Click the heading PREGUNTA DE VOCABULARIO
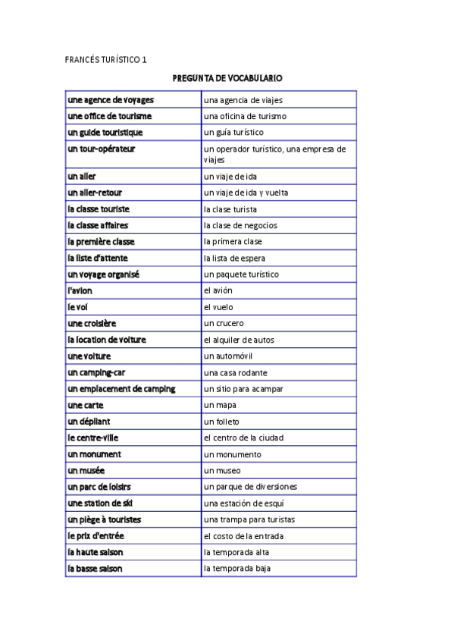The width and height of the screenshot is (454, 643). (227, 78)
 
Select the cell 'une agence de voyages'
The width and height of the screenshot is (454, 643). (111, 100)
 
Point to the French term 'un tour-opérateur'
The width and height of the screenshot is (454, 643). (102, 149)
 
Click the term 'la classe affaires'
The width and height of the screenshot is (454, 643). (98, 225)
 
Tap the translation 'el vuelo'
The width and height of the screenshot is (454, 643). (219, 307)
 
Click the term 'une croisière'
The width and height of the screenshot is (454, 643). (92, 324)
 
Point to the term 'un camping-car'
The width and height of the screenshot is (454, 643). (96, 373)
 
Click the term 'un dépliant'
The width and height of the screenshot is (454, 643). (89, 422)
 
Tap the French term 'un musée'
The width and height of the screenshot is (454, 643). (86, 471)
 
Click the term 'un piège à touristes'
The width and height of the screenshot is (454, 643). (105, 520)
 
